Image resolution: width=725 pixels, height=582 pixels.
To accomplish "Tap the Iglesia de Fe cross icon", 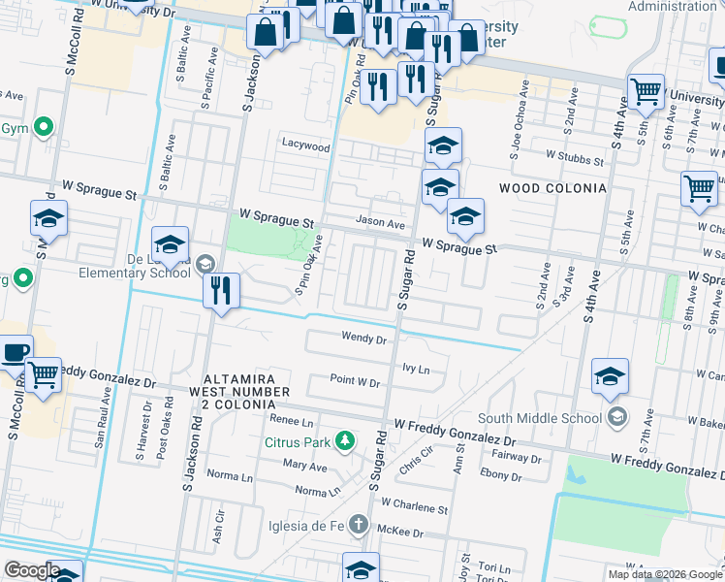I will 360,527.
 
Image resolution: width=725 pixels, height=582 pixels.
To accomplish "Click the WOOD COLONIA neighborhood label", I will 552,187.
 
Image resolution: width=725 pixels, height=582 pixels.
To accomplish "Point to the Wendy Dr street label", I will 363,339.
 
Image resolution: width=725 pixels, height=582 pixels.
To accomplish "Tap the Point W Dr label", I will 354,381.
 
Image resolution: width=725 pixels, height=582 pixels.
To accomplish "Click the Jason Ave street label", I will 379,223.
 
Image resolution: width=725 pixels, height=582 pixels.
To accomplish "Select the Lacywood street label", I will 305,147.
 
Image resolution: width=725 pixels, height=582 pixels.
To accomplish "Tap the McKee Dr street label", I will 401,533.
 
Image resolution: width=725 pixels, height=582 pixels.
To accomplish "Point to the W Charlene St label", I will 414,506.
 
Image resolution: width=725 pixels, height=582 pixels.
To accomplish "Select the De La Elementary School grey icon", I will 205,263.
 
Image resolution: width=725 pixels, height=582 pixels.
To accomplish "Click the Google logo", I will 31,570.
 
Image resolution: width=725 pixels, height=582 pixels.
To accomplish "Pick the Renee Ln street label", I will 292,422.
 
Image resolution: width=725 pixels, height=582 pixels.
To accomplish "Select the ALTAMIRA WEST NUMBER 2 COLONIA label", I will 246,390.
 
